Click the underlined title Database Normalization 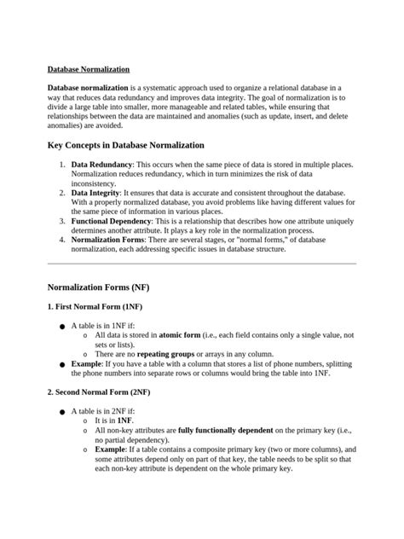click(89, 68)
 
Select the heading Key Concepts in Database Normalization click(125, 145)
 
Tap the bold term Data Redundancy click(101, 163)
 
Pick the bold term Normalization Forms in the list click(107, 240)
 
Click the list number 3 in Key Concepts click(62, 221)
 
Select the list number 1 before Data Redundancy click(62, 163)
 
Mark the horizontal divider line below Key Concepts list click(201, 264)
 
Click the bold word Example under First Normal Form click(87, 363)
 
